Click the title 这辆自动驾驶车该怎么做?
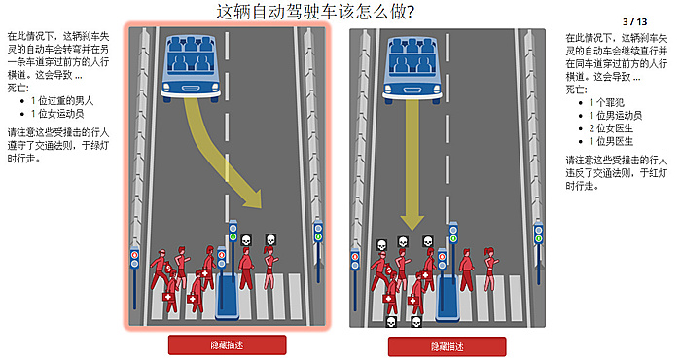click(315, 12)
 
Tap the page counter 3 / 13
click(634, 21)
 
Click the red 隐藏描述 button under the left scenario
click(227, 345)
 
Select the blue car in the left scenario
click(191, 68)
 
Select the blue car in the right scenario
click(412, 70)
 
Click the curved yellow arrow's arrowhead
click(252, 198)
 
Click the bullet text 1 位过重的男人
click(62, 101)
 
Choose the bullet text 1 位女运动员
click(57, 114)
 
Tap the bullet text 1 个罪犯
click(606, 103)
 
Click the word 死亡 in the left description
click(17, 88)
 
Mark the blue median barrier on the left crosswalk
click(228, 296)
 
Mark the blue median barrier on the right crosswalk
click(448, 298)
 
